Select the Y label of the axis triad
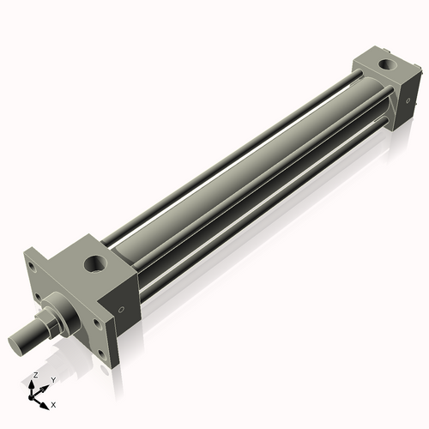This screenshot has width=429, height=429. pos(52,379)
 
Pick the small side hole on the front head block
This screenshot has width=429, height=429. pos(121,311)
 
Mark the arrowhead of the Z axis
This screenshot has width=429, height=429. pos(32,384)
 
